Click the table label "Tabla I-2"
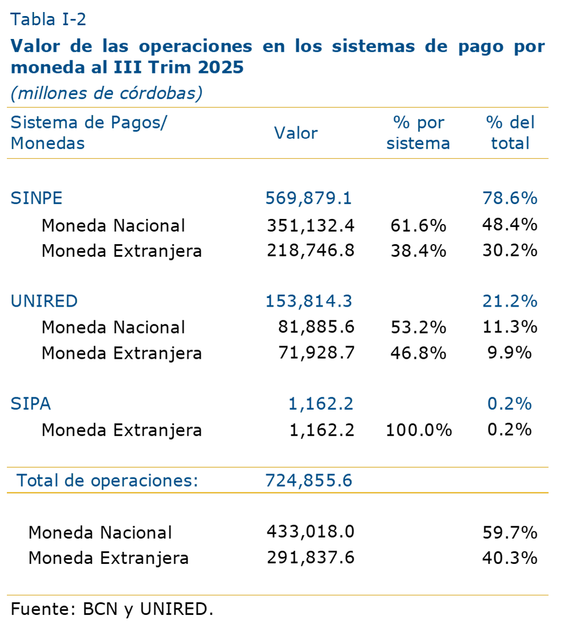(48, 20)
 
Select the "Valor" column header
(295, 133)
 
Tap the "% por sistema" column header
(418, 133)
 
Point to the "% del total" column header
(510, 133)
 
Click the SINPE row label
(37, 198)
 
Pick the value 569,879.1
(308, 198)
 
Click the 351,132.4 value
(310, 225)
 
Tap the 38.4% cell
(418, 250)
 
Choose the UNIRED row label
(44, 301)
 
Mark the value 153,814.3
(308, 301)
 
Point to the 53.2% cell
(418, 327)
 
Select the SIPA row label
(31, 404)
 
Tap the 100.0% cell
(419, 430)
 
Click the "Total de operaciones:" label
(107, 480)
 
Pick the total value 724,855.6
(308, 480)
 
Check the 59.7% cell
(510, 532)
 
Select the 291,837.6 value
(310, 558)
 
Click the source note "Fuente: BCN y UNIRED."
(112, 609)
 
